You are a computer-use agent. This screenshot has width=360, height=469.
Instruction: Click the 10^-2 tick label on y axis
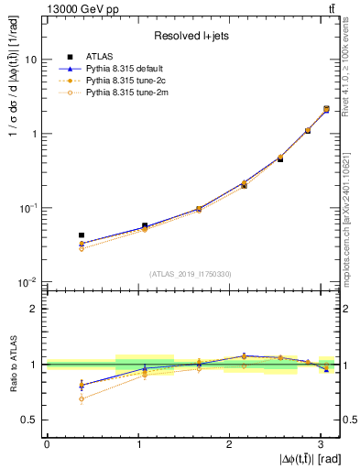28,283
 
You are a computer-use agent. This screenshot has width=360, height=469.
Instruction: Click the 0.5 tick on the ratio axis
31,420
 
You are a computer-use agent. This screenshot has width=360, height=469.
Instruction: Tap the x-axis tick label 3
320,444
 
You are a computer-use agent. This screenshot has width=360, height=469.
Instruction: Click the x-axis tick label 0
47,444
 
